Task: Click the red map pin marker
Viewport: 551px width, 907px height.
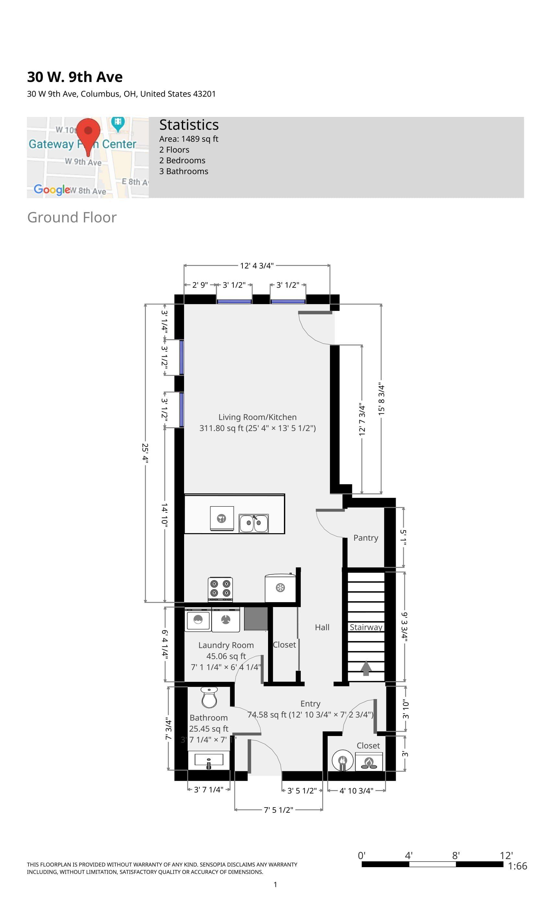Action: coord(88,132)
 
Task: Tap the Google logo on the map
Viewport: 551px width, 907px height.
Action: coord(52,189)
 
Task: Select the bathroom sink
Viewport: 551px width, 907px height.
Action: coord(209,761)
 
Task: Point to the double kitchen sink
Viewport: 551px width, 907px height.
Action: coord(254,523)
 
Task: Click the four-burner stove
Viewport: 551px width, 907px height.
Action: coord(220,589)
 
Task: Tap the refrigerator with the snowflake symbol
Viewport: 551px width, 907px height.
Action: coord(280,588)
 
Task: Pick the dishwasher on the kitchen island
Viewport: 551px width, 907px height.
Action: coord(222,518)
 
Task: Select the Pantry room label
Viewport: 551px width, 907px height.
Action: coord(366,538)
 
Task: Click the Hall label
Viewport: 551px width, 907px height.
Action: coord(322,627)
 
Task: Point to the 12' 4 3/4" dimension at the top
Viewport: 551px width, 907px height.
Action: coord(257,265)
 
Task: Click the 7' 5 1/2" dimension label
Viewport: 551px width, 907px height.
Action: coord(278,810)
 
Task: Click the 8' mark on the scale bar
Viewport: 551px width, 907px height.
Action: coord(456,855)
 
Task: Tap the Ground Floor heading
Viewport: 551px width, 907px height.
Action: coord(72,217)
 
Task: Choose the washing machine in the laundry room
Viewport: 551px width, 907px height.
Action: coord(198,620)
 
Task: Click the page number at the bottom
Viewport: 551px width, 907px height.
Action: coord(275,885)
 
